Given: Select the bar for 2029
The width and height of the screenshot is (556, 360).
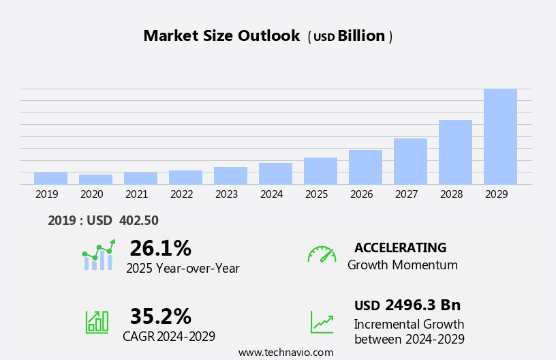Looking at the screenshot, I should [x=500, y=136].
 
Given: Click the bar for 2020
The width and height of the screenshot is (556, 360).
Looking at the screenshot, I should [x=95, y=179].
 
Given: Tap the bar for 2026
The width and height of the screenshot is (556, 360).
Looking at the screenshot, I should [x=365, y=167].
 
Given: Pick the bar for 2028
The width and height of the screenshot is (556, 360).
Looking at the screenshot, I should [x=455, y=152].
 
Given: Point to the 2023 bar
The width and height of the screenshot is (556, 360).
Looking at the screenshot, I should [x=230, y=175].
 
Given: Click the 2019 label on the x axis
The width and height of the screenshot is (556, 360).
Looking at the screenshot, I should [x=47, y=194].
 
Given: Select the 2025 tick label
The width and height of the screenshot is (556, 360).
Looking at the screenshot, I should [x=317, y=194].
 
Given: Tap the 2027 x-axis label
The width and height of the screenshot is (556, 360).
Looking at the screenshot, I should [x=407, y=194].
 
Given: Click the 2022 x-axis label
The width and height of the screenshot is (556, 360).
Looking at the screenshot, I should [x=182, y=194].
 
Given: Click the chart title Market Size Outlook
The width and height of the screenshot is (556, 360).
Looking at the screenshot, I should [x=221, y=36].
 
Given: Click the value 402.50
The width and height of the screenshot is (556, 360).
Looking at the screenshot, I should [x=138, y=221].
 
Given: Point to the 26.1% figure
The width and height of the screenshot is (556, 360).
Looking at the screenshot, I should [x=160, y=248].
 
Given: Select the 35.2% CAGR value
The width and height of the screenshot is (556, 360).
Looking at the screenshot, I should [x=160, y=316].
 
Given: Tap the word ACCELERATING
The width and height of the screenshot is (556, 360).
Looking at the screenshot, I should [x=400, y=247].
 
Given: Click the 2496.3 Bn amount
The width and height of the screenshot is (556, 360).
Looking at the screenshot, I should [x=422, y=305].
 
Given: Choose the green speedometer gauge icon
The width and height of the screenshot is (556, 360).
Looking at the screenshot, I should [x=322, y=254].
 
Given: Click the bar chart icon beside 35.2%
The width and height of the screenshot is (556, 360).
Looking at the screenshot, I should [x=97, y=321].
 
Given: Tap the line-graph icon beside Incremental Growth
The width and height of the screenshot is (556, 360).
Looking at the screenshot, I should [x=322, y=322].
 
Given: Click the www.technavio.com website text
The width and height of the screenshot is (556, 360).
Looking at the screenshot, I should [x=285, y=352].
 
